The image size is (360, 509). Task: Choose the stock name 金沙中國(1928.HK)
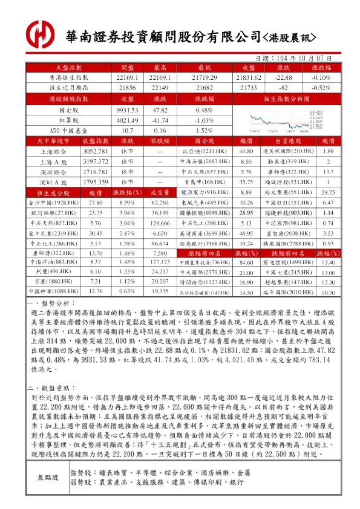pyautogui.click(x=56, y=203)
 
